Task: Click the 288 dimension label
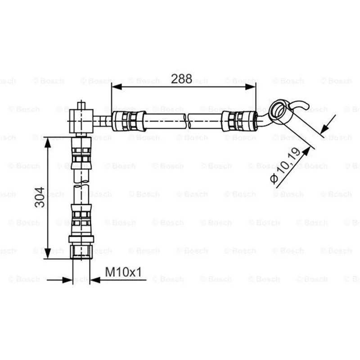[x=181, y=79]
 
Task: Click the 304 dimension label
[x=40, y=197]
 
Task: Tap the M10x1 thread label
[x=123, y=272]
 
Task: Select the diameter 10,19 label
[x=285, y=165]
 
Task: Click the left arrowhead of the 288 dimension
[x=117, y=87]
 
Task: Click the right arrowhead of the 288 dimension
[x=250, y=87]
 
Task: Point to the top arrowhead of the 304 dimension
[x=48, y=143]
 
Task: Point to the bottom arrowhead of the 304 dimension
[x=48, y=253]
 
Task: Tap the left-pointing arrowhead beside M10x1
[x=95, y=280]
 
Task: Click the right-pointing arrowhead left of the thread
[x=67, y=280]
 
